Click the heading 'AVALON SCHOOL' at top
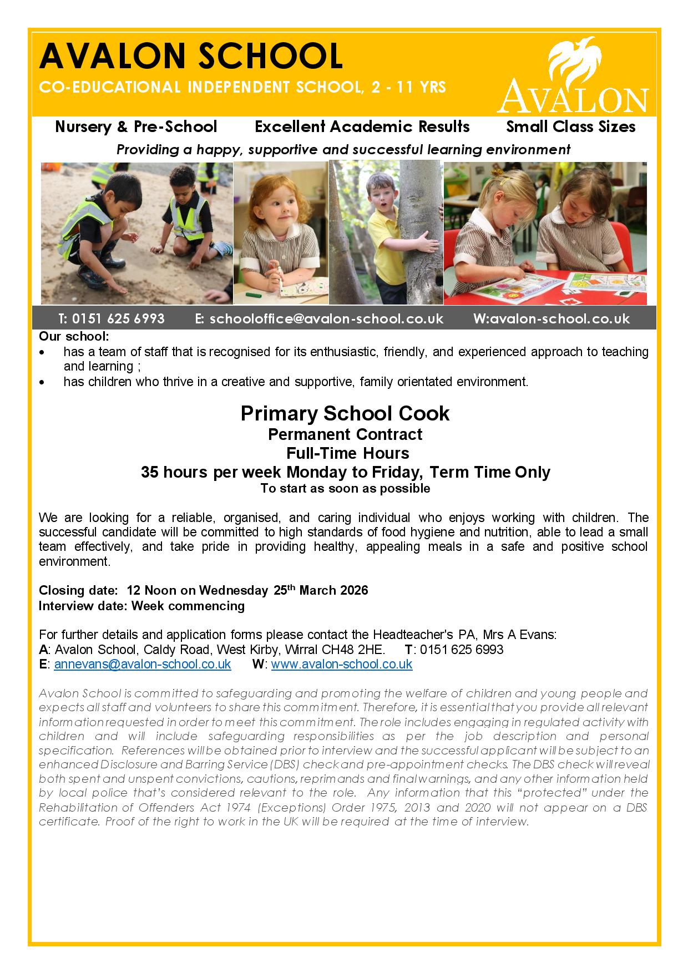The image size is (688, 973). (x=191, y=57)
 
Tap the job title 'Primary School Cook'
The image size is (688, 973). (x=345, y=413)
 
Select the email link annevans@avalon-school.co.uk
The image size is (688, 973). (x=142, y=664)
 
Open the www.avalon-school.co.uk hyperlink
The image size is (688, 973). (x=341, y=664)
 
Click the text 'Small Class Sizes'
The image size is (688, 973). (x=570, y=126)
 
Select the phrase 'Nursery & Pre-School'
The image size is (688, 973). (x=136, y=126)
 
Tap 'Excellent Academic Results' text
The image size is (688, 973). (x=362, y=126)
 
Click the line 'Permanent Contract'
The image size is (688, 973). (x=345, y=434)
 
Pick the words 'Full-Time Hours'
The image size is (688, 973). (x=347, y=453)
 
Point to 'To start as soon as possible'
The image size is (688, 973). (x=345, y=489)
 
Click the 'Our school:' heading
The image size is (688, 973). (x=74, y=336)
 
